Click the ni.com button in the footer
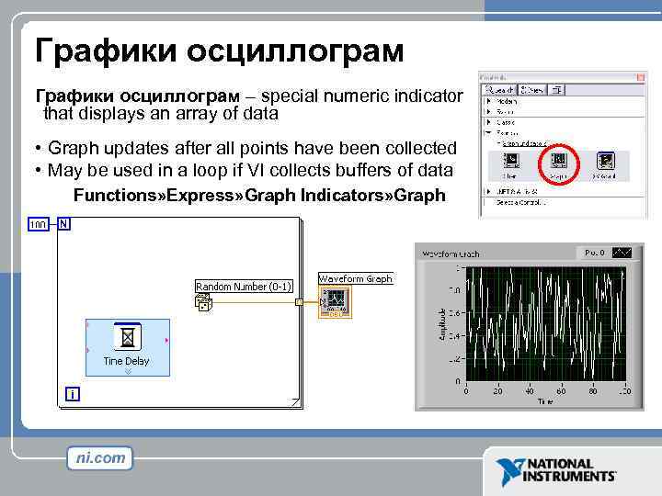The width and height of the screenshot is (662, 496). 100,457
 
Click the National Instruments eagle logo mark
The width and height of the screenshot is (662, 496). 509,470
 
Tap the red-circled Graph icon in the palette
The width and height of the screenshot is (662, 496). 558,166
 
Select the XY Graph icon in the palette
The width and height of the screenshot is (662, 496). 605,166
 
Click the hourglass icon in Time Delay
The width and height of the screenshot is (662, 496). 129,339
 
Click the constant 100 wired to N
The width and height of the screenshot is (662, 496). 39,224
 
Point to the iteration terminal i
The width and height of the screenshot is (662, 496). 72,394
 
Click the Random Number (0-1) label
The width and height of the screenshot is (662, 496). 244,287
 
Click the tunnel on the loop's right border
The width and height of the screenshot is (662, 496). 298,301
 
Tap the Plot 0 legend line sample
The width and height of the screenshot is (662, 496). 622,253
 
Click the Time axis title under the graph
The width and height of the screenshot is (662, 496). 546,401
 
